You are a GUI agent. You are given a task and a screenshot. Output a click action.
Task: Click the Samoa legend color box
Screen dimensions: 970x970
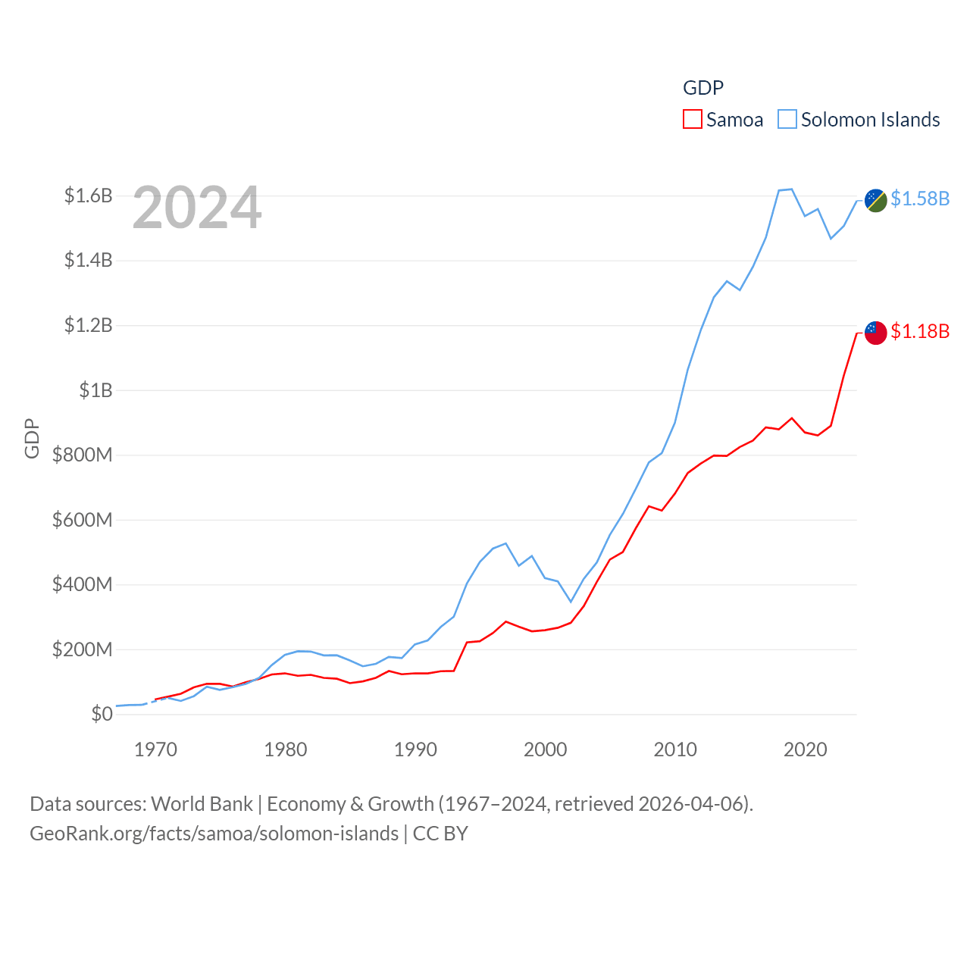[693, 120]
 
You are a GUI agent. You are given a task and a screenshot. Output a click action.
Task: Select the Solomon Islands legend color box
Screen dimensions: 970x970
[787, 120]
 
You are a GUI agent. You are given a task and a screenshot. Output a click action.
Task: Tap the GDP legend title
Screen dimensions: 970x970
[703, 88]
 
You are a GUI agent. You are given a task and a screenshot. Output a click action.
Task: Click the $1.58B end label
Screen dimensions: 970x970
[920, 199]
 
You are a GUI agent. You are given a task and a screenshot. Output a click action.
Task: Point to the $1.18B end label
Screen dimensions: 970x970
[920, 331]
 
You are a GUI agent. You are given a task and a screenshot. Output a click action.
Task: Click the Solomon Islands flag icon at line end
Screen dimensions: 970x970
[876, 201]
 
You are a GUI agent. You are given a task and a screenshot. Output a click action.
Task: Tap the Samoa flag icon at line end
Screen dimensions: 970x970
[876, 333]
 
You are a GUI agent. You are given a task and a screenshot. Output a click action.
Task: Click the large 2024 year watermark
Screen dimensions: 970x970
[197, 208]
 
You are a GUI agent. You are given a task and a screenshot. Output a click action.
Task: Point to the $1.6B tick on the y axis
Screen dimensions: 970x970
[88, 196]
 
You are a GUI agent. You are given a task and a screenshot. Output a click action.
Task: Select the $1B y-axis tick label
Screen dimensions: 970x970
[95, 390]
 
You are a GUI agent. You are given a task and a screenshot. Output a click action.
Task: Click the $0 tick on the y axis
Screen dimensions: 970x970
[102, 714]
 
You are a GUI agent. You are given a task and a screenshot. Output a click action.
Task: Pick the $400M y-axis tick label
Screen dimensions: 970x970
[82, 584]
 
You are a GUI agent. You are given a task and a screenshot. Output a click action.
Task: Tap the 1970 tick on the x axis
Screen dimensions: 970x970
[155, 750]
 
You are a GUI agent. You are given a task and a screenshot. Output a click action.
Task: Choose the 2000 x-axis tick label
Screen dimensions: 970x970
[545, 750]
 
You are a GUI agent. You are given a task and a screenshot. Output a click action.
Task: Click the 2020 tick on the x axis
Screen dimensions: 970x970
[805, 750]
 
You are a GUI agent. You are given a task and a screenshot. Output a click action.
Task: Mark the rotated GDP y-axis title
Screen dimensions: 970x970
[32, 438]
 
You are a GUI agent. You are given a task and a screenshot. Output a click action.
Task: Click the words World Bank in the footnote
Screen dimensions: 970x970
[202, 804]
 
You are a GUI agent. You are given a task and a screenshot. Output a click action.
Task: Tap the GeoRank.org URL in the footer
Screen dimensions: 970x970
[214, 834]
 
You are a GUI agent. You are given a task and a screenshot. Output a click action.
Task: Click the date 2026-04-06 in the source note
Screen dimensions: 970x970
[693, 804]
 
